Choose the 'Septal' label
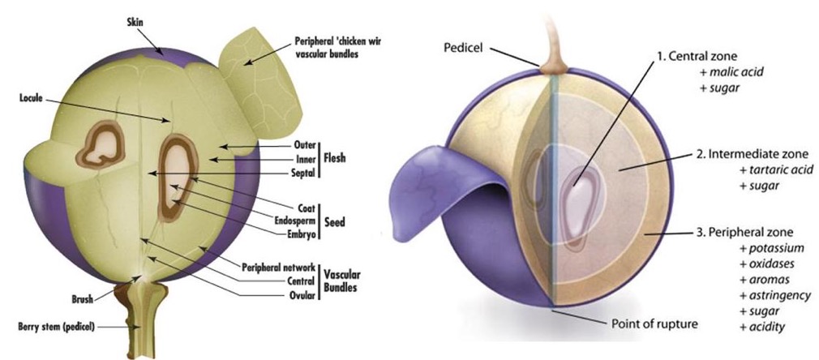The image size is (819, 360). point(301,172)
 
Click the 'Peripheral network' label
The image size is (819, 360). point(278,267)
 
